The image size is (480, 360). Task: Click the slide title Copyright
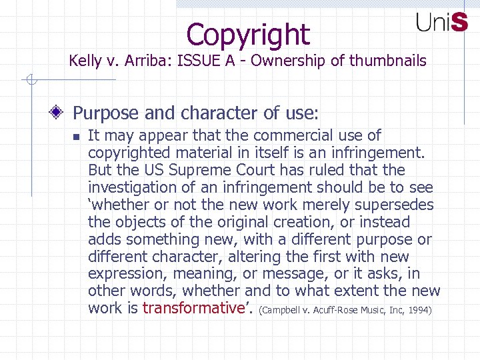[x=248, y=34]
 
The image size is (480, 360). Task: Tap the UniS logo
[x=442, y=23]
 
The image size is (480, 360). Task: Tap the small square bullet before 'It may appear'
[x=75, y=137]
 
